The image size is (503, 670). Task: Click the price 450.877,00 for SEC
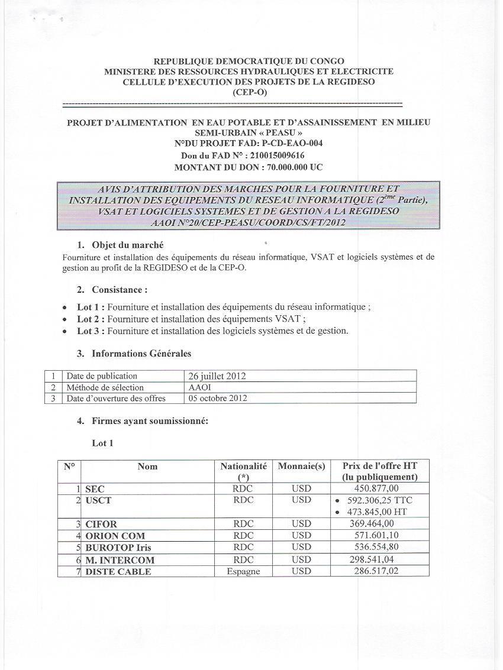point(376,488)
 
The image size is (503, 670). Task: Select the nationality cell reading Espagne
point(243,572)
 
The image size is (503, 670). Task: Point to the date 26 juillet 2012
point(217,376)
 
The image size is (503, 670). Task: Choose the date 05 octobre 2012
point(217,398)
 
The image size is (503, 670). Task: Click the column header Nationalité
point(243,466)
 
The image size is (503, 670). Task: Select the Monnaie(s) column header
point(301,466)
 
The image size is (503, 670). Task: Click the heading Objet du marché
point(128,245)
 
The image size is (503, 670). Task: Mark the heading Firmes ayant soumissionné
point(150,421)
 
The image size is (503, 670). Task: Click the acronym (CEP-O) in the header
point(249,92)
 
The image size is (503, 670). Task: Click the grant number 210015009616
point(269,156)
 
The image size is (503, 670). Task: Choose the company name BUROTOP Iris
point(118,548)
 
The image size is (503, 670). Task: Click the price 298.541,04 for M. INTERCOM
point(372,559)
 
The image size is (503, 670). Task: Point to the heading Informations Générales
point(141,354)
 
